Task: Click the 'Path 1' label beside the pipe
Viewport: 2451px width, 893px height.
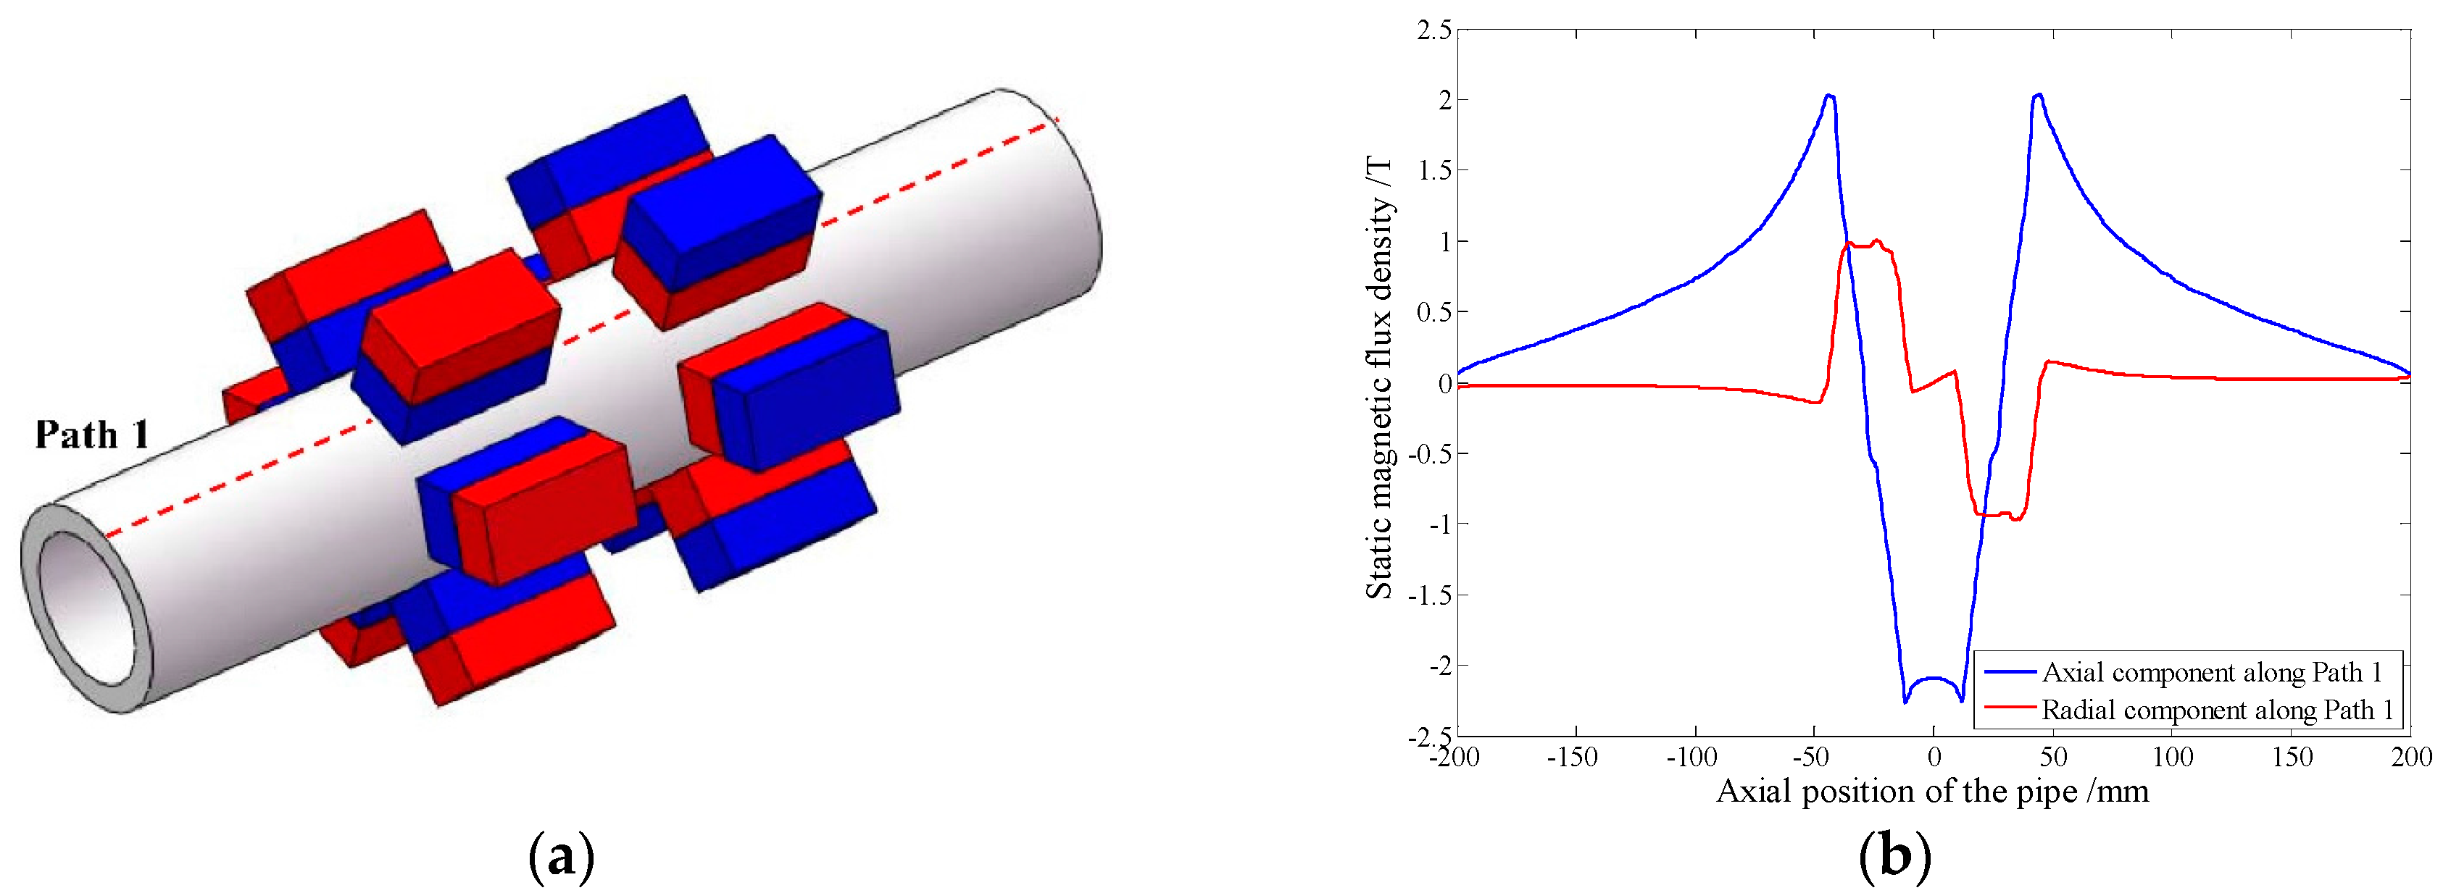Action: coord(92,435)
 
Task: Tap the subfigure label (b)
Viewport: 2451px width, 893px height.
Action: coord(1894,857)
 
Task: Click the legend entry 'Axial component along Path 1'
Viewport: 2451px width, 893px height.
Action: coord(2211,672)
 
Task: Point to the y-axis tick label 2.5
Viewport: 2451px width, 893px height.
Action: coord(1435,30)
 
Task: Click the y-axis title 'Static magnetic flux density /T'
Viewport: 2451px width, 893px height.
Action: coord(1380,380)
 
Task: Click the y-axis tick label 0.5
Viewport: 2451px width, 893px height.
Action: coord(1435,312)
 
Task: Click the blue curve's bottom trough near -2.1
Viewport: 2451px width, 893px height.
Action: coord(1934,679)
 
